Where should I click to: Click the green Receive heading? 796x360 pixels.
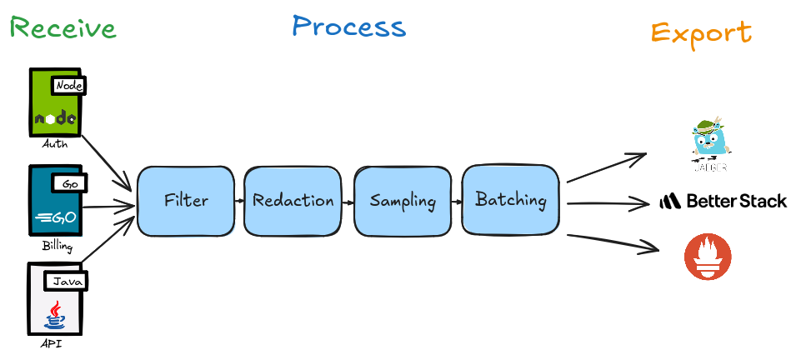(63, 28)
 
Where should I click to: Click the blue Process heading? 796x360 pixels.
(348, 27)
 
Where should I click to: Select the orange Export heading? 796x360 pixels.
(700, 32)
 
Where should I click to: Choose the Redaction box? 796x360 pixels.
(293, 201)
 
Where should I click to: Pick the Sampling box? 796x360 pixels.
(403, 201)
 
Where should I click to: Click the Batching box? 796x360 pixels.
(510, 200)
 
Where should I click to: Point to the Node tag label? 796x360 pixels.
(69, 85)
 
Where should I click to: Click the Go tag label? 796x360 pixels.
(71, 182)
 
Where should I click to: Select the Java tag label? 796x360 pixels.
(65, 282)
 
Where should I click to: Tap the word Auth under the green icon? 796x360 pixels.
(54, 144)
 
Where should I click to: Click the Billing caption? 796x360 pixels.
(57, 247)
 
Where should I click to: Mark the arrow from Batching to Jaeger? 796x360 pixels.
(606, 167)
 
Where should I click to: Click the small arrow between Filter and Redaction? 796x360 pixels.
(238, 202)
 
